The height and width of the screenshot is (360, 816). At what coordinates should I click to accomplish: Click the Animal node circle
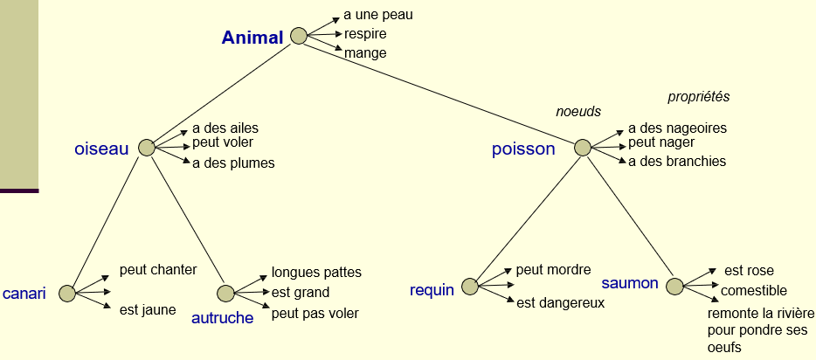299,36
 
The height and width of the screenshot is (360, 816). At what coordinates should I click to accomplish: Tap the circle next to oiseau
147,148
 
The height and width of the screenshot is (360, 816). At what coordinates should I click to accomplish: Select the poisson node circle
583,148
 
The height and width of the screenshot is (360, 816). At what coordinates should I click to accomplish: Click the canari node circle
66,293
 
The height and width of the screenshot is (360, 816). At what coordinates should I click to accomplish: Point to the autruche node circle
225,293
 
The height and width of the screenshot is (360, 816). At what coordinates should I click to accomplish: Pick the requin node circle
470,286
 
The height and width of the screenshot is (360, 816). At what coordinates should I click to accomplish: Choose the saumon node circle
674,286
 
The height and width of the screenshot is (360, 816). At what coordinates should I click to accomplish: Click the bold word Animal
252,38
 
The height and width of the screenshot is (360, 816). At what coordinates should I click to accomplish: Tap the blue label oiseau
101,149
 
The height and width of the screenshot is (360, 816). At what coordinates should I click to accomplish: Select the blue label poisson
523,149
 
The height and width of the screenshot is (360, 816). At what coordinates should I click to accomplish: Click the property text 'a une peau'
378,15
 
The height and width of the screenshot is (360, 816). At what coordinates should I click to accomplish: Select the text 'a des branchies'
677,161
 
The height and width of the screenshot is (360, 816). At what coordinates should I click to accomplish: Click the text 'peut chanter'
158,269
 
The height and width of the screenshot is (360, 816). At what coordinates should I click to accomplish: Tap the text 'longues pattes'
316,273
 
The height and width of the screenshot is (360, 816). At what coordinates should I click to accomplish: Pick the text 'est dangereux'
560,303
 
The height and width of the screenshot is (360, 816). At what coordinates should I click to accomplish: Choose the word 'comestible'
753,290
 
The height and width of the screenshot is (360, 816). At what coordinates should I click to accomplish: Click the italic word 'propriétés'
698,97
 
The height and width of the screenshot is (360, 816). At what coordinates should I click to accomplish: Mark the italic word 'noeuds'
578,112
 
